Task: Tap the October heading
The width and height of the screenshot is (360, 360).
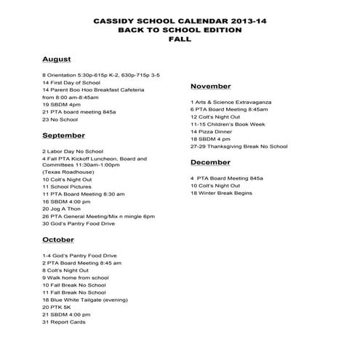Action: (x=57, y=239)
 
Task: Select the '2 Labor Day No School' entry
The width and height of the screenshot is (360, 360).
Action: (x=74, y=151)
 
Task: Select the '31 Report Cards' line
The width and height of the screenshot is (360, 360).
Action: (x=64, y=321)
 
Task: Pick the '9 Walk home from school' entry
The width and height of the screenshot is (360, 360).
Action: (x=76, y=277)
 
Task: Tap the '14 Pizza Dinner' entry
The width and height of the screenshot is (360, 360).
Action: (x=216, y=132)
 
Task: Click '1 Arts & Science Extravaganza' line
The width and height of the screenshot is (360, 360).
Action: (x=237, y=101)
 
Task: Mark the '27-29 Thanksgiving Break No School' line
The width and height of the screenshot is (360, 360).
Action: (x=239, y=146)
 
